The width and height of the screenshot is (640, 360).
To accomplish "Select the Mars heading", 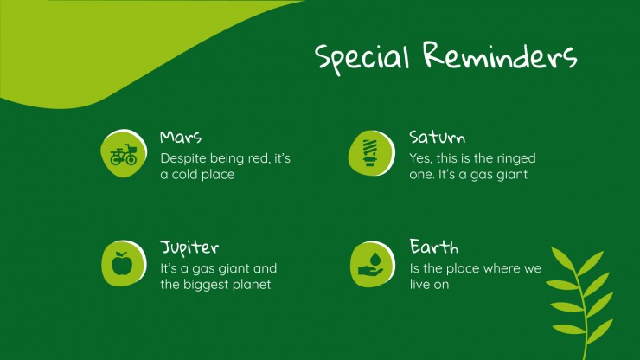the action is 181,137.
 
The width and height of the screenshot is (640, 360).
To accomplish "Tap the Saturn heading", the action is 437,138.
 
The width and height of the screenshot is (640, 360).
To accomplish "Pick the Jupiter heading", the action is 189,248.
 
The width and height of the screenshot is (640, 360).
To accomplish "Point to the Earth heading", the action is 433,247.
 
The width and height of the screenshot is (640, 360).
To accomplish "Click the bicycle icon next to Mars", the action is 124,154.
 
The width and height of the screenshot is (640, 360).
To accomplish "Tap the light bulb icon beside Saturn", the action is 370,153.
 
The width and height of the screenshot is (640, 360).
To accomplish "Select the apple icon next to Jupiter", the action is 122,264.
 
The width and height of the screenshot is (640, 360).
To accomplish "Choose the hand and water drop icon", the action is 371,265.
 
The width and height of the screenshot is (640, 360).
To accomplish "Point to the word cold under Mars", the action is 185,175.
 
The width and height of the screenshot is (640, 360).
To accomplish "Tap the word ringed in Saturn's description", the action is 516,159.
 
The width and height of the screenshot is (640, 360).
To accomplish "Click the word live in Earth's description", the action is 419,285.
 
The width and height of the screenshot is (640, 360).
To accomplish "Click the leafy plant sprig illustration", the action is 580,303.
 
